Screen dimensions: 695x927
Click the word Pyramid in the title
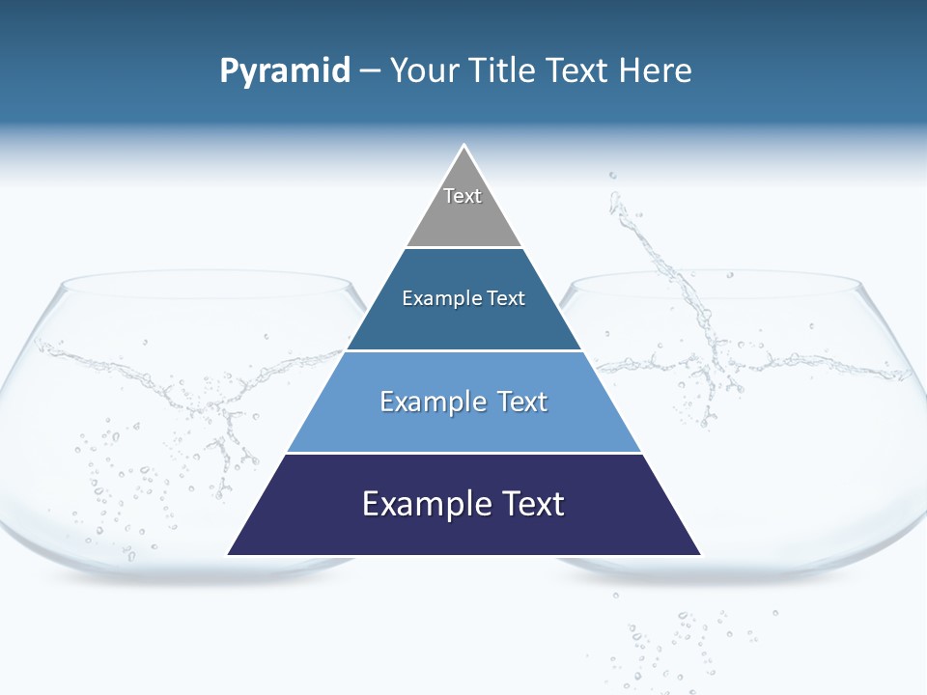pos(285,71)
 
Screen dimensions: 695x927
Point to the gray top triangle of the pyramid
pos(463,217)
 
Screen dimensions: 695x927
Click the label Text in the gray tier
pos(463,196)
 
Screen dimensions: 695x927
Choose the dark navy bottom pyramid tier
pos(463,531)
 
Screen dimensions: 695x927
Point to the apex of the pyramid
pos(464,147)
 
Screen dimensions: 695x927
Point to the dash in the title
pos(370,71)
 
